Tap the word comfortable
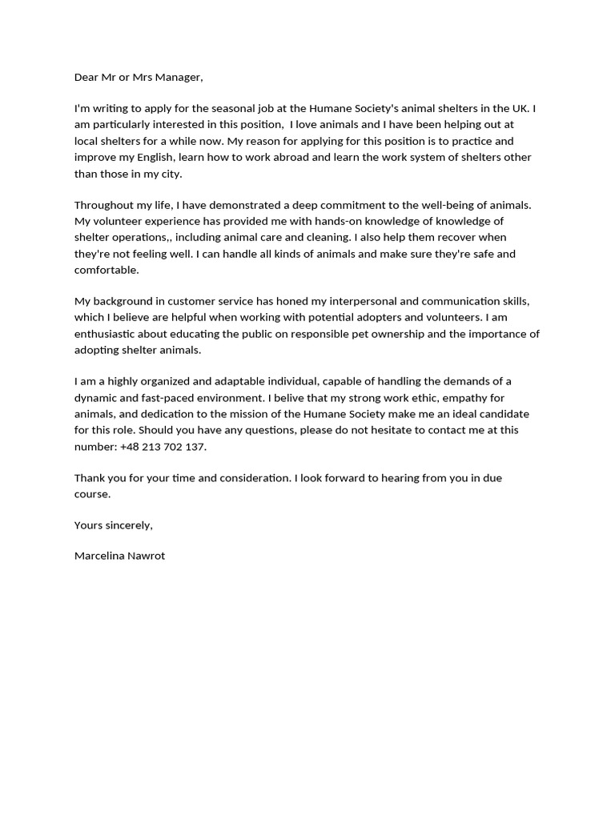pos(107,270)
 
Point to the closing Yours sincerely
pos(113,525)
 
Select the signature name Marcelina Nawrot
pos(119,556)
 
